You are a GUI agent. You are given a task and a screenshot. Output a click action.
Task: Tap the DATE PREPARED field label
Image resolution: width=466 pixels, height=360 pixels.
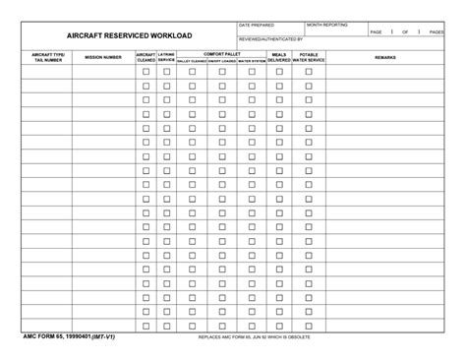[x=257, y=25]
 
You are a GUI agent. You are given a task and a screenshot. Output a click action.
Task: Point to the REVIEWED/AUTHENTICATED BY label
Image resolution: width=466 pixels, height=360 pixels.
[x=271, y=38]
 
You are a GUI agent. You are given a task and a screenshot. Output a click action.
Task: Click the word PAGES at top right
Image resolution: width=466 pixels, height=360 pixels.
[x=437, y=32]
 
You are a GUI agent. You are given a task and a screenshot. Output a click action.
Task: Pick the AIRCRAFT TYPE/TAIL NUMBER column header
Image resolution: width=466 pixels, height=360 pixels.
[x=47, y=57]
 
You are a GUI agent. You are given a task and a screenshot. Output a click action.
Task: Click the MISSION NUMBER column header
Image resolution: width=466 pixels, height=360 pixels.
[x=103, y=57]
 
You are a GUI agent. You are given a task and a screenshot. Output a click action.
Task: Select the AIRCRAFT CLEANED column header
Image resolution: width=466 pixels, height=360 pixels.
[x=146, y=57]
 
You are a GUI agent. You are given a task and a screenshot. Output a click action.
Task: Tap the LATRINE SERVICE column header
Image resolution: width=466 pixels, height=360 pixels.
[x=166, y=57]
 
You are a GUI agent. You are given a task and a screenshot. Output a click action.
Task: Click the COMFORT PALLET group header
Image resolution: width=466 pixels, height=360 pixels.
[x=222, y=53]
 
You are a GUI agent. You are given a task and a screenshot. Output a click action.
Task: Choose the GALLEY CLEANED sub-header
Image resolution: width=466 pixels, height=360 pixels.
[x=192, y=61]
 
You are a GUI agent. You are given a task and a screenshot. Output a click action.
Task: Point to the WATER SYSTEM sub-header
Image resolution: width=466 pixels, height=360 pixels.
[x=252, y=61]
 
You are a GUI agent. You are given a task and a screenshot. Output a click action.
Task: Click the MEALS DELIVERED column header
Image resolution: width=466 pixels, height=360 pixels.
[x=279, y=57]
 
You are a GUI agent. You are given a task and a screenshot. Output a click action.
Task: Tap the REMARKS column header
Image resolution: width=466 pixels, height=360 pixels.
[x=385, y=57]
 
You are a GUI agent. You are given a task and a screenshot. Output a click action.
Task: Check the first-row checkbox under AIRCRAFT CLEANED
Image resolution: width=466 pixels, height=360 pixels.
[x=146, y=72]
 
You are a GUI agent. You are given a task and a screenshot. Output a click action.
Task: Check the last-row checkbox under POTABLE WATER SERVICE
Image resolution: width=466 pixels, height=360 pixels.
[x=308, y=325]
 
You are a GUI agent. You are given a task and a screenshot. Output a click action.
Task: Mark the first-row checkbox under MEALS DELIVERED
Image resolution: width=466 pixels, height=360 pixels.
[x=279, y=72]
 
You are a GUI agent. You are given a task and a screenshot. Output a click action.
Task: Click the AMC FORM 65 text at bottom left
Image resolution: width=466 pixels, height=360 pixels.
[x=69, y=337]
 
